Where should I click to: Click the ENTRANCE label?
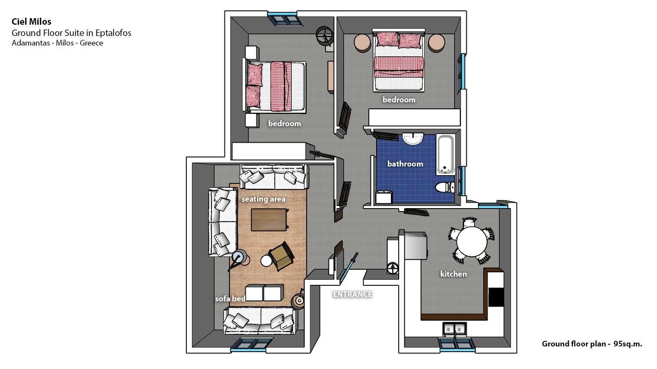(x=352, y=294)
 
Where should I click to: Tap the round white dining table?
(x=472, y=242)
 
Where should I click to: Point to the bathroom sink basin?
(x=413, y=139)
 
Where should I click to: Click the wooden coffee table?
(x=269, y=220)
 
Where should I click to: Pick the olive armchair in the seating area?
(x=281, y=255)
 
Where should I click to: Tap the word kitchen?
(x=453, y=274)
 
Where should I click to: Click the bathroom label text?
(x=405, y=164)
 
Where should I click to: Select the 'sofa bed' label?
(x=230, y=299)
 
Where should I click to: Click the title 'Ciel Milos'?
(x=31, y=21)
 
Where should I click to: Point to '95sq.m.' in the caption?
(x=628, y=344)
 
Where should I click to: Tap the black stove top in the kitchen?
(x=496, y=297)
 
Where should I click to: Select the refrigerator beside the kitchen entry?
(x=415, y=246)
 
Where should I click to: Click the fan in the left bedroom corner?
(x=325, y=36)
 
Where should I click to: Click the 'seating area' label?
(x=263, y=199)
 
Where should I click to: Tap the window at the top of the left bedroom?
(x=285, y=19)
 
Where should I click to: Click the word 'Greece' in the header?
(x=91, y=43)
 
